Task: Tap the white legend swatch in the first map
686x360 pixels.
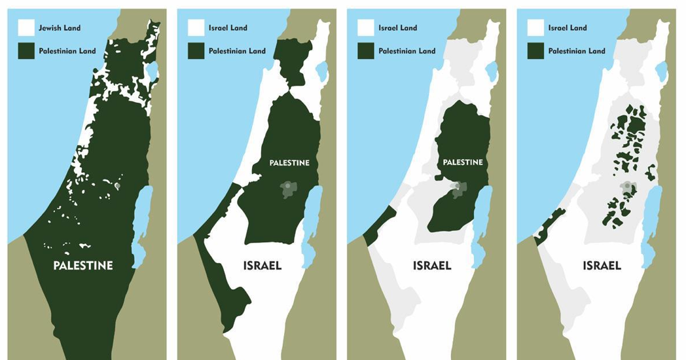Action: coord(26,28)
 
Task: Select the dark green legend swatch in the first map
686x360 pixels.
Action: coord(26,51)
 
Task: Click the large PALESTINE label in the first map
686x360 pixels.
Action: coord(83,266)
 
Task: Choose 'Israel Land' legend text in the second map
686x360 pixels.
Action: coord(228,28)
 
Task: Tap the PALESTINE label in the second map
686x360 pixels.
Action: coord(289,162)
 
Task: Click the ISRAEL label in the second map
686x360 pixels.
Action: coord(262,266)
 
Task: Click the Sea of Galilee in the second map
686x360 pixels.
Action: coord(321,69)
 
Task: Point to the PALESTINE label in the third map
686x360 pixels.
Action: coord(463,162)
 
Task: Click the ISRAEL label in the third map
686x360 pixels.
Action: coord(432,266)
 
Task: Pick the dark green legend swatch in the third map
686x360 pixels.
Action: coord(365,51)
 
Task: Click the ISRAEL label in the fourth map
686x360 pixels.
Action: coord(602,266)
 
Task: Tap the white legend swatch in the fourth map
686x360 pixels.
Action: coord(535,28)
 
